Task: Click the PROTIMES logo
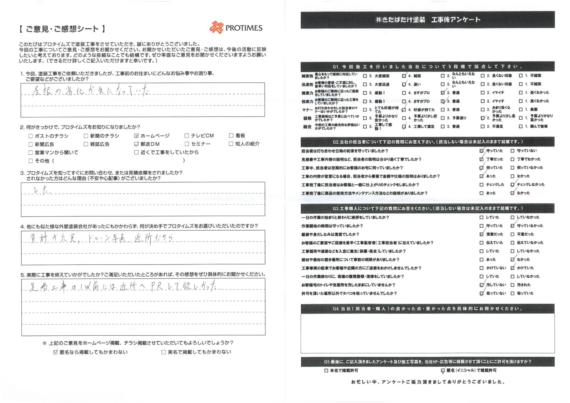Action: [236, 28]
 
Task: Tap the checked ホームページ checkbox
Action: [136, 136]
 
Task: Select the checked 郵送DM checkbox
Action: [136, 144]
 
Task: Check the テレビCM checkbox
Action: [187, 135]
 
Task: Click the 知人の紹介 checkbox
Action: [231, 144]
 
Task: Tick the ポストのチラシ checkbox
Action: [31, 136]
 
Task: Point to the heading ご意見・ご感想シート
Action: [62, 29]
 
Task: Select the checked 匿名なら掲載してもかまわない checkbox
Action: [55, 352]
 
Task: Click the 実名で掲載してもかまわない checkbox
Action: [164, 352]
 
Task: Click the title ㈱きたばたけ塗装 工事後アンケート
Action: [427, 20]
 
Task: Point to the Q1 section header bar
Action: [427, 67]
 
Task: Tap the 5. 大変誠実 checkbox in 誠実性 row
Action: [365, 76]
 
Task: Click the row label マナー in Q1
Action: [307, 110]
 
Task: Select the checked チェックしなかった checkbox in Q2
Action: [512, 185]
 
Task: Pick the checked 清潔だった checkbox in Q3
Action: [482, 234]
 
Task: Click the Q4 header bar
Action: [427, 309]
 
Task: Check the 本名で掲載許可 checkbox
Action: [326, 371]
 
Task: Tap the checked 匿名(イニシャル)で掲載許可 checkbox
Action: [443, 371]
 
